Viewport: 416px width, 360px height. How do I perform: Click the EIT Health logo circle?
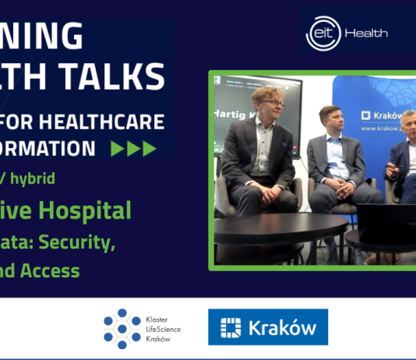point(320,34)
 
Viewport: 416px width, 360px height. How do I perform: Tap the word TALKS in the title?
point(124,78)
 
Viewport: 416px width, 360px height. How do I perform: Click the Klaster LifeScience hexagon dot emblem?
point(122,328)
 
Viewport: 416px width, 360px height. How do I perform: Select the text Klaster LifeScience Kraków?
point(163,329)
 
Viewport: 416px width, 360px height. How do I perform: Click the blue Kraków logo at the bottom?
point(268,327)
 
